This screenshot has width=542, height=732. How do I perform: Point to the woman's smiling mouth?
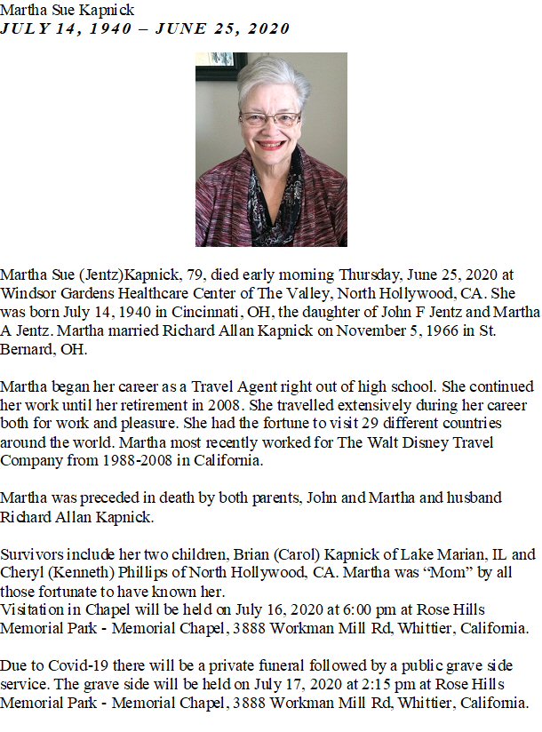[x=271, y=144]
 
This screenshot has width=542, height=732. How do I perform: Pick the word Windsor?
[x=28, y=293]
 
